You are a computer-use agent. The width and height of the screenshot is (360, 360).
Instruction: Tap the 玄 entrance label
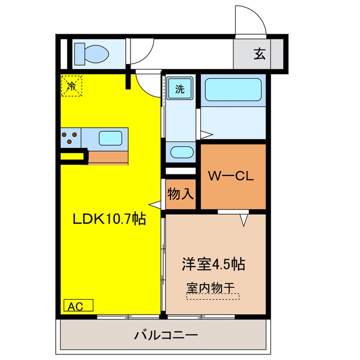(x=259, y=55)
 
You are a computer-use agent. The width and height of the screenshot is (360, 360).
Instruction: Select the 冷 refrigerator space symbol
(x=71, y=86)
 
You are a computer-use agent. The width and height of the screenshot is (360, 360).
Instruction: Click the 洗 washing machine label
(x=179, y=88)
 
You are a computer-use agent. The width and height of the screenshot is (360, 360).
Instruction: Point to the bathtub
(x=232, y=90)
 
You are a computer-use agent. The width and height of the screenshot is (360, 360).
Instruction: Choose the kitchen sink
(x=110, y=138)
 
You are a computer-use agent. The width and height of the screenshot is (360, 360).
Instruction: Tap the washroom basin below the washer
(x=181, y=152)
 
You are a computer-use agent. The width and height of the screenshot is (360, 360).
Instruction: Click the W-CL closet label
(x=232, y=175)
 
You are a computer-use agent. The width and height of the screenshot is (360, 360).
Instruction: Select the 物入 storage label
(x=181, y=195)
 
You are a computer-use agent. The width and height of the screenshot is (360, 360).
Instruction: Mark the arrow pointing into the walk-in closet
(x=244, y=220)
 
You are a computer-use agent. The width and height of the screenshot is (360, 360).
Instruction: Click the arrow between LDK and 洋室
(x=155, y=206)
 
